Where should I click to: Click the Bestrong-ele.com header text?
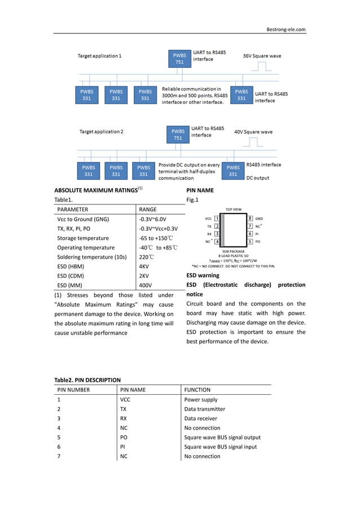286,29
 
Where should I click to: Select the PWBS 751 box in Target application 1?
179,59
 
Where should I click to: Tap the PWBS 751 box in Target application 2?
178,134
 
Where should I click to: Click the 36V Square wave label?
262,56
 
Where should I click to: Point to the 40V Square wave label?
253,132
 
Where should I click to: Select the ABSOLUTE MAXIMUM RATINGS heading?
96,190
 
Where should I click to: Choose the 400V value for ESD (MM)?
145,285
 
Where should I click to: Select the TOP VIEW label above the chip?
234,209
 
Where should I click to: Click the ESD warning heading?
203,276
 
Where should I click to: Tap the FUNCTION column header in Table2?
197,390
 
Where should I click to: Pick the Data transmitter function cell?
204,409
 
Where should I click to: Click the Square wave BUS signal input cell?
220,447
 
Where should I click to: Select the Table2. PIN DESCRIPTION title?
87,380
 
